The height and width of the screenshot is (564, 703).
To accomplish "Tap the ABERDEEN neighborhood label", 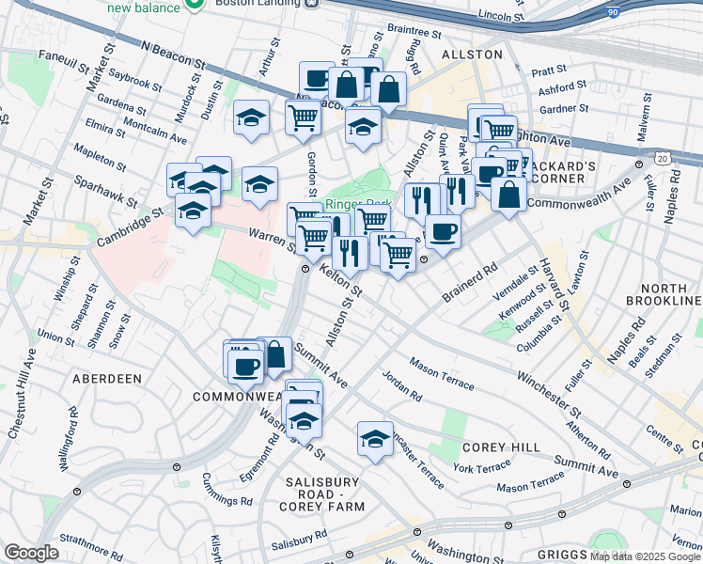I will pos(106,378).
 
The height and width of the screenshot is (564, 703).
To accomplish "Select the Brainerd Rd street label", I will pos(471,283).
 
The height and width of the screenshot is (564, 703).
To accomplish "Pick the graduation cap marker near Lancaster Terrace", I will pos(375,439).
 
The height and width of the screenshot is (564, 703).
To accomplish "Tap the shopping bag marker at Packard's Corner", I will pos(508,194).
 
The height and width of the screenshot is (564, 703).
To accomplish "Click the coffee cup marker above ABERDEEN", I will pos(246,366).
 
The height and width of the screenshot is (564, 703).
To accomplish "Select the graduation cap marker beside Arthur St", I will pos(251,118).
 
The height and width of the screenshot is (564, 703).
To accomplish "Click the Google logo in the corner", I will pos(32,553).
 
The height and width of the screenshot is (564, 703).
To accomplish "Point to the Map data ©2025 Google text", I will pos(645,556).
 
